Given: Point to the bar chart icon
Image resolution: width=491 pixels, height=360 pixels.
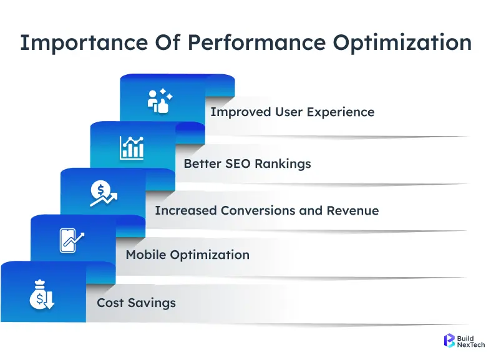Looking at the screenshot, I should (132, 148).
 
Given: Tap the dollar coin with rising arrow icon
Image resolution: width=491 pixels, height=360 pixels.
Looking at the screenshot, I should (101, 193).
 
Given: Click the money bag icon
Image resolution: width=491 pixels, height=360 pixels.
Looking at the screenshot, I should (42, 295).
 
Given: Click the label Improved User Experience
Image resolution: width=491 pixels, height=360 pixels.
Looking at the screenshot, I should (292, 112).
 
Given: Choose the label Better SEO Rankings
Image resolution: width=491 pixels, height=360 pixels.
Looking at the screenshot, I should (247, 164).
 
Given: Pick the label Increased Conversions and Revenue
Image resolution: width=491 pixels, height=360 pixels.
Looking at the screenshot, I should (266, 210).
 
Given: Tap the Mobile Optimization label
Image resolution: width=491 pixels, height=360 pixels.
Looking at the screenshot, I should (187, 255).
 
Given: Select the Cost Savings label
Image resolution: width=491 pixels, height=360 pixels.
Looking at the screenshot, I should (136, 303).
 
